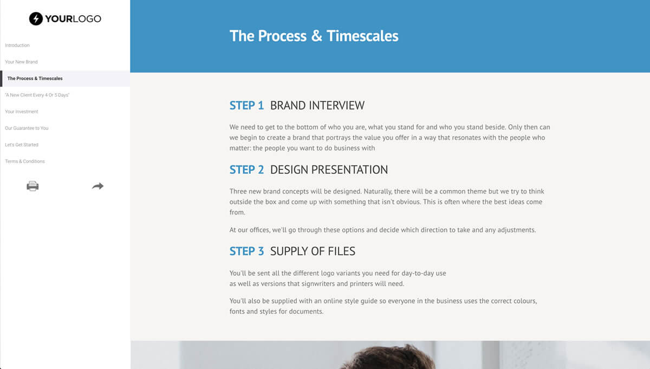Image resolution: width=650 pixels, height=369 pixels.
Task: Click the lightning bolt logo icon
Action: [36, 18]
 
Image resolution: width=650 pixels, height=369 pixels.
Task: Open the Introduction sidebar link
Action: [17, 46]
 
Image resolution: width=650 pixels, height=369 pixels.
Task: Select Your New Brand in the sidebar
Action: [21, 62]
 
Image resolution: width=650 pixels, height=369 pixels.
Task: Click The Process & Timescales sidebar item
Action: [35, 79]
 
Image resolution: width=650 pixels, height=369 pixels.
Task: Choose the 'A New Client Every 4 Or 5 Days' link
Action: [37, 95]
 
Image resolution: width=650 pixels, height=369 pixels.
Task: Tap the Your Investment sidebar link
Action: [22, 112]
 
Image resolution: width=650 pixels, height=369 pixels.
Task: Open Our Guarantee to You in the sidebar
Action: [27, 128]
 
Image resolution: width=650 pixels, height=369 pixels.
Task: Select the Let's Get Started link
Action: [22, 145]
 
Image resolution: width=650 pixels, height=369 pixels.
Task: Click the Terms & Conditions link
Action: [25, 161]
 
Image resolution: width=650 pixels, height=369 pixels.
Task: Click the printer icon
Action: [32, 186]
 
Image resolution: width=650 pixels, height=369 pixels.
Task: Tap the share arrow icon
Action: [98, 186]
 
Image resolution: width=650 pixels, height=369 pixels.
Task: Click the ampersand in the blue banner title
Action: [316, 36]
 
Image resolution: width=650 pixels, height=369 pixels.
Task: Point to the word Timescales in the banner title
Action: [362, 36]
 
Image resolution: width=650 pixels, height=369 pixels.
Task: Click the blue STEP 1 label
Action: [246, 105]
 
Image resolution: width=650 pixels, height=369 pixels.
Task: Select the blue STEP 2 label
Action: [246, 170]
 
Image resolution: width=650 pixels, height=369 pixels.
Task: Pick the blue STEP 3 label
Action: [246, 251]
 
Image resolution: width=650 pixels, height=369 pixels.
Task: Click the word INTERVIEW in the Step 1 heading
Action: [336, 105]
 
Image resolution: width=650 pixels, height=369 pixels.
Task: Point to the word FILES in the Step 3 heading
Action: [342, 251]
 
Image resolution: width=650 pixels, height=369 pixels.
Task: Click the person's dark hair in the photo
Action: [389, 357]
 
